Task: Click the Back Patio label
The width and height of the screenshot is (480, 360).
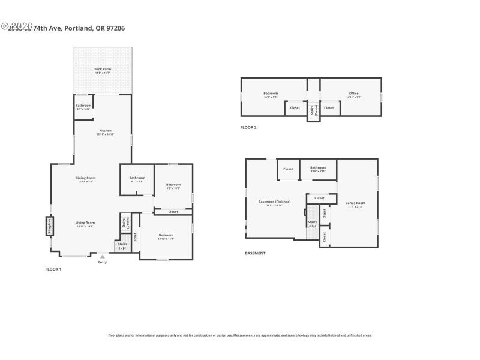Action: tap(103, 70)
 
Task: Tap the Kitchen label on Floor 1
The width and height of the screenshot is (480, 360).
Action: tap(105, 132)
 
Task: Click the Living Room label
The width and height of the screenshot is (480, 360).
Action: tap(85, 224)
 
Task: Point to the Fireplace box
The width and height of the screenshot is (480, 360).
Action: tap(49, 226)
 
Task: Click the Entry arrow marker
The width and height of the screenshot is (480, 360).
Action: tap(102, 256)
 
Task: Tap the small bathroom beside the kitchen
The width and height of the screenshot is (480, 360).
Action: tap(83, 107)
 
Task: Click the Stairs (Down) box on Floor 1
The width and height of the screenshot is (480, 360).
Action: tap(125, 223)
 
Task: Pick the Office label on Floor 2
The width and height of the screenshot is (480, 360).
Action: tap(353, 94)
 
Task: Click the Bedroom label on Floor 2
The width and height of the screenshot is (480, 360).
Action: tap(271, 94)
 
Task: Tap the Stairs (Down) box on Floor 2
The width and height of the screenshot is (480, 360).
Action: tap(313, 110)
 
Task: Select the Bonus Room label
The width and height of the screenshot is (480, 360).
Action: tap(356, 204)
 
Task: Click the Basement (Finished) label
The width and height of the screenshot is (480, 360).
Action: tap(274, 202)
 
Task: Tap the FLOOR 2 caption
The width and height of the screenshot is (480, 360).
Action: tap(248, 127)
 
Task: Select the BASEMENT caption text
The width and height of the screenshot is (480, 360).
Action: tap(255, 253)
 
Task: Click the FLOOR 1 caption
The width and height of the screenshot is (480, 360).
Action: tap(53, 269)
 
